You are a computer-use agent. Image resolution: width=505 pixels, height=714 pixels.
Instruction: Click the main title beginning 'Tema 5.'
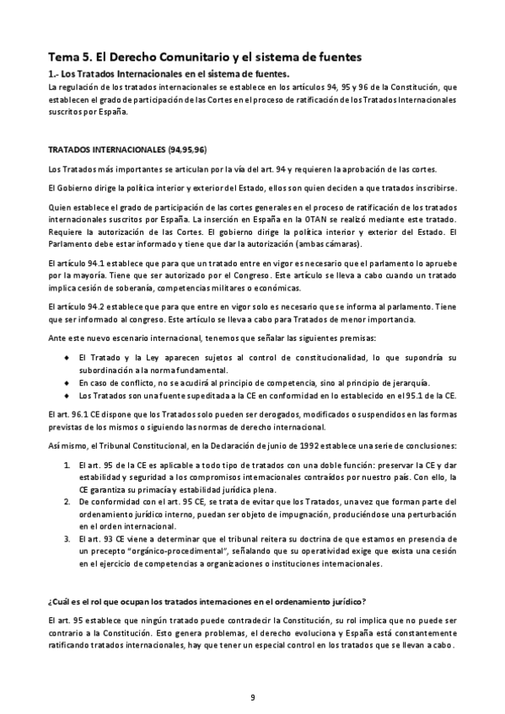pyautogui.click(x=204, y=57)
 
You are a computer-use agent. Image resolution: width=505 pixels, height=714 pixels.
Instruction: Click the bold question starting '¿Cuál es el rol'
pyautogui.click(x=207, y=601)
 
